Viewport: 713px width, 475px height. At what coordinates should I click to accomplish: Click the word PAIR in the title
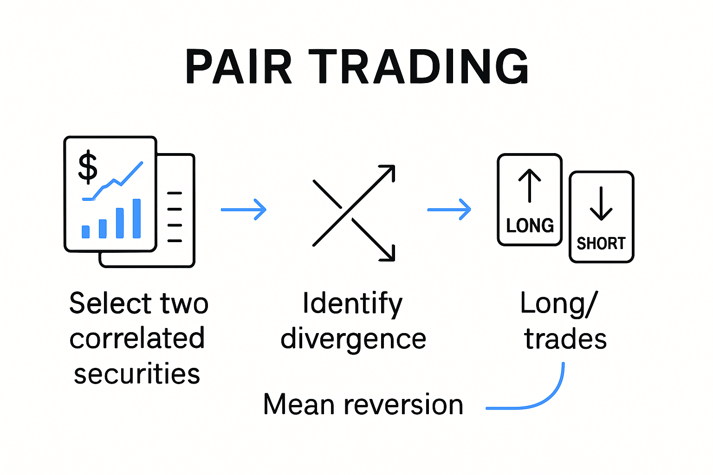[x=239, y=67]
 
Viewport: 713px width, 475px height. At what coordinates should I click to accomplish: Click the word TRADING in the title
[x=418, y=67]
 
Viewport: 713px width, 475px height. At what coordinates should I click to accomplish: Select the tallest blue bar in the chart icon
[x=136, y=218]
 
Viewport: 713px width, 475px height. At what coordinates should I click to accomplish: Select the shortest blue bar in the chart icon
[x=86, y=232]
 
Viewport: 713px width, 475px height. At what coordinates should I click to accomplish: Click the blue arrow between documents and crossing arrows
[x=244, y=209]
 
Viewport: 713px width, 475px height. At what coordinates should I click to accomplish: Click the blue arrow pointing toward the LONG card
[x=449, y=209]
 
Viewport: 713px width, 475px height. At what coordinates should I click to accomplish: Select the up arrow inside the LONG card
[x=530, y=186]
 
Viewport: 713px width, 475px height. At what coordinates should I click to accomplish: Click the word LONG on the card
[x=530, y=226]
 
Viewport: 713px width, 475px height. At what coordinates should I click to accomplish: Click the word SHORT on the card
[x=601, y=244]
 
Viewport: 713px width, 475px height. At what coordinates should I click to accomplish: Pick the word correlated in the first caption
[x=137, y=339]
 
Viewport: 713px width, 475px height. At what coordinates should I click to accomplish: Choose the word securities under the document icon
[x=137, y=374]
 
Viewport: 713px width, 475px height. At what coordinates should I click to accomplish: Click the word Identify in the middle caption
[x=352, y=304]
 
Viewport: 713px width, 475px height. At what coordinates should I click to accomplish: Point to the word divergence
[x=353, y=339]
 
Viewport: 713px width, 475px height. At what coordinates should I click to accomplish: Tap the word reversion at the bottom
[x=403, y=404]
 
